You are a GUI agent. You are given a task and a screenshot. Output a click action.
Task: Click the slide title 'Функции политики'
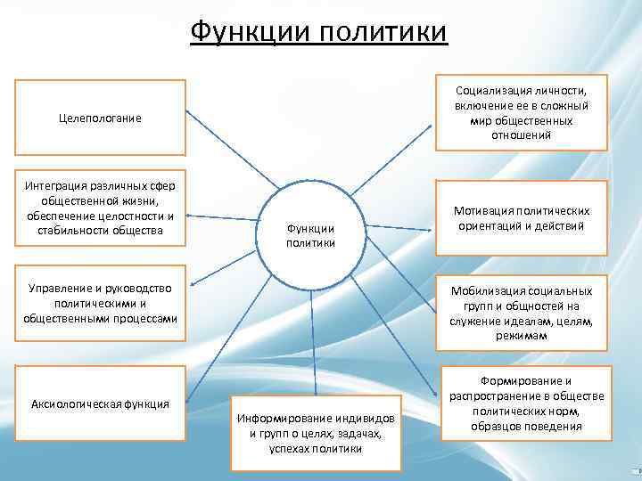click(319, 32)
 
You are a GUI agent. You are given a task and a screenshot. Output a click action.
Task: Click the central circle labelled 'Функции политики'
click(310, 231)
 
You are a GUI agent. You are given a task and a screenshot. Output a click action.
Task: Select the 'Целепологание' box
click(101, 118)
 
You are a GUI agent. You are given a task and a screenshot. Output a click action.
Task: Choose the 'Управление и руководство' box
click(101, 303)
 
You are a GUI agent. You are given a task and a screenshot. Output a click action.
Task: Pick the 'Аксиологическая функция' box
click(101, 404)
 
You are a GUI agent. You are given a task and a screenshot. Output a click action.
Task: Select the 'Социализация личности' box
click(521, 112)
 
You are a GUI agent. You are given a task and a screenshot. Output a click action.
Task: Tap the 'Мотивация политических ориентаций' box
click(521, 218)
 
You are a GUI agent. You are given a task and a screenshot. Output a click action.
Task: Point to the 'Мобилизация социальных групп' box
click(521, 314)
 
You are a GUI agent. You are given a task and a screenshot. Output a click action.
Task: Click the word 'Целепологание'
click(101, 118)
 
